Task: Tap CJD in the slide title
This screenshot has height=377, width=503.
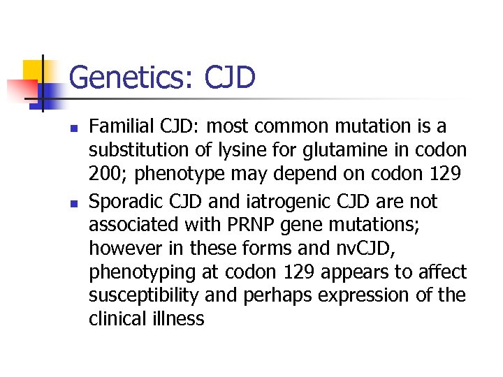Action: click(x=231, y=77)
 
